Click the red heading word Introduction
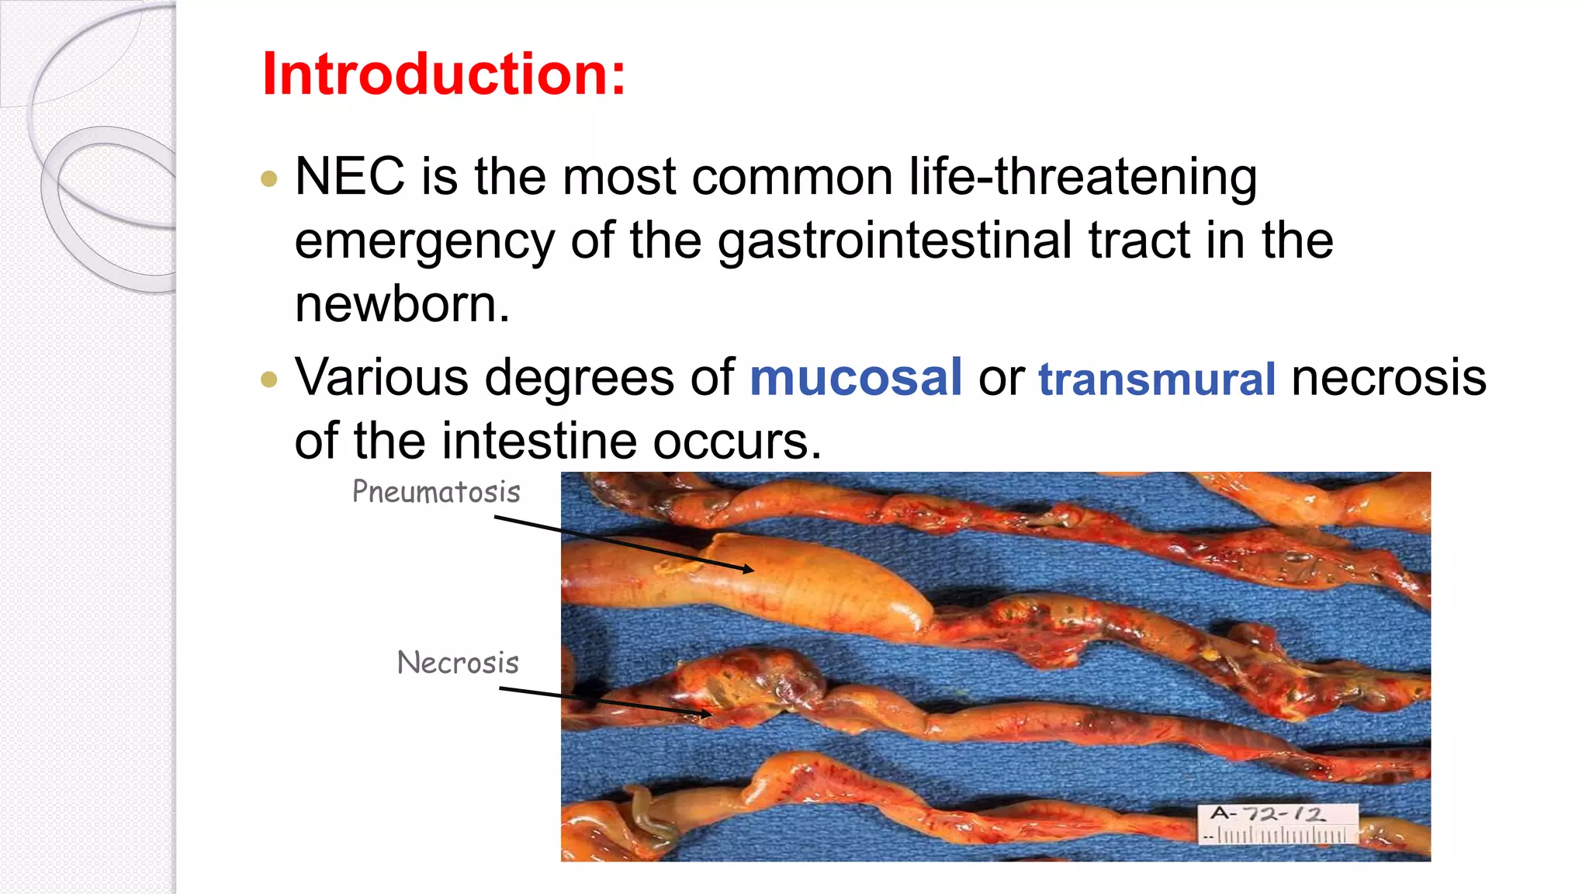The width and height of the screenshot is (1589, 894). tap(443, 74)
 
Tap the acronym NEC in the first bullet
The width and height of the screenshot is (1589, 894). tap(349, 177)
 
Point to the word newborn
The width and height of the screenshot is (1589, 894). tap(402, 304)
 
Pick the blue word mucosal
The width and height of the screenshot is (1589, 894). tap(856, 378)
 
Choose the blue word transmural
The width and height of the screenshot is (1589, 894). tap(1157, 379)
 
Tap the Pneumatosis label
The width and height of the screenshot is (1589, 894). tap(436, 492)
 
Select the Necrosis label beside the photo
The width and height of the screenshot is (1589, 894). tap(458, 663)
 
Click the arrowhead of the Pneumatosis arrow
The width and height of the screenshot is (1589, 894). tap(749, 570)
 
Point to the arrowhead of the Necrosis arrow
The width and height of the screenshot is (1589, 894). tap(707, 712)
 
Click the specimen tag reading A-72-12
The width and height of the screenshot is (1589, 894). tap(1268, 814)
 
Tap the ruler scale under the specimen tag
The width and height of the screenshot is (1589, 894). tap(1280, 836)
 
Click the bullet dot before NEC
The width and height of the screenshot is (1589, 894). tap(269, 179)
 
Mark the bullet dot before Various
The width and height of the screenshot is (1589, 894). tap(269, 379)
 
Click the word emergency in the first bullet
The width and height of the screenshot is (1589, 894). tap(424, 242)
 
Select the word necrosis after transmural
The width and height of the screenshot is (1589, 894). tap(1389, 378)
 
